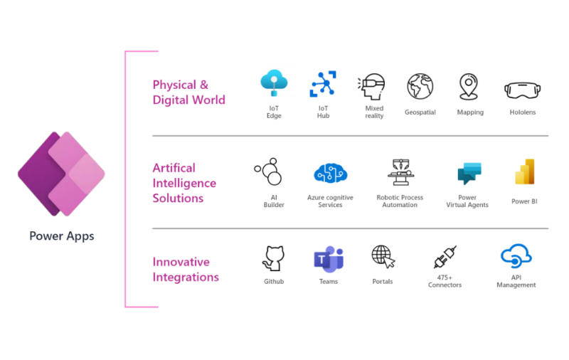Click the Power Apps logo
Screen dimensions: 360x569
tap(61, 174)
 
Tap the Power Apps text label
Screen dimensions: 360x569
tap(61, 236)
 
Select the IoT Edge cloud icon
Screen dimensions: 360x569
tap(273, 84)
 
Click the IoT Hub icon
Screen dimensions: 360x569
tap(323, 85)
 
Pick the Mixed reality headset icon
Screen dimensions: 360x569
tap(372, 87)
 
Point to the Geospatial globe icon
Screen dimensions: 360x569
tap(420, 86)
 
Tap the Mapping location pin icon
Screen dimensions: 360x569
tap(468, 87)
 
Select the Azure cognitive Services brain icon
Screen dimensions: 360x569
tap(330, 174)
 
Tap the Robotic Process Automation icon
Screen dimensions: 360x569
tap(400, 173)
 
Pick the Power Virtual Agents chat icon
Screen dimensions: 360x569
tap(469, 174)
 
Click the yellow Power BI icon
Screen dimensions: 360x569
tap(525, 173)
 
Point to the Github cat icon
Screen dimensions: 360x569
tap(273, 258)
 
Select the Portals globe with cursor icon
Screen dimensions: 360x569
tap(383, 257)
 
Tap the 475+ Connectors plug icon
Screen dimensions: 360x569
tap(445, 258)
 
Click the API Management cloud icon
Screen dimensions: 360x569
tap(516, 256)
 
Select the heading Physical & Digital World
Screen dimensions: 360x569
tap(188, 92)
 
